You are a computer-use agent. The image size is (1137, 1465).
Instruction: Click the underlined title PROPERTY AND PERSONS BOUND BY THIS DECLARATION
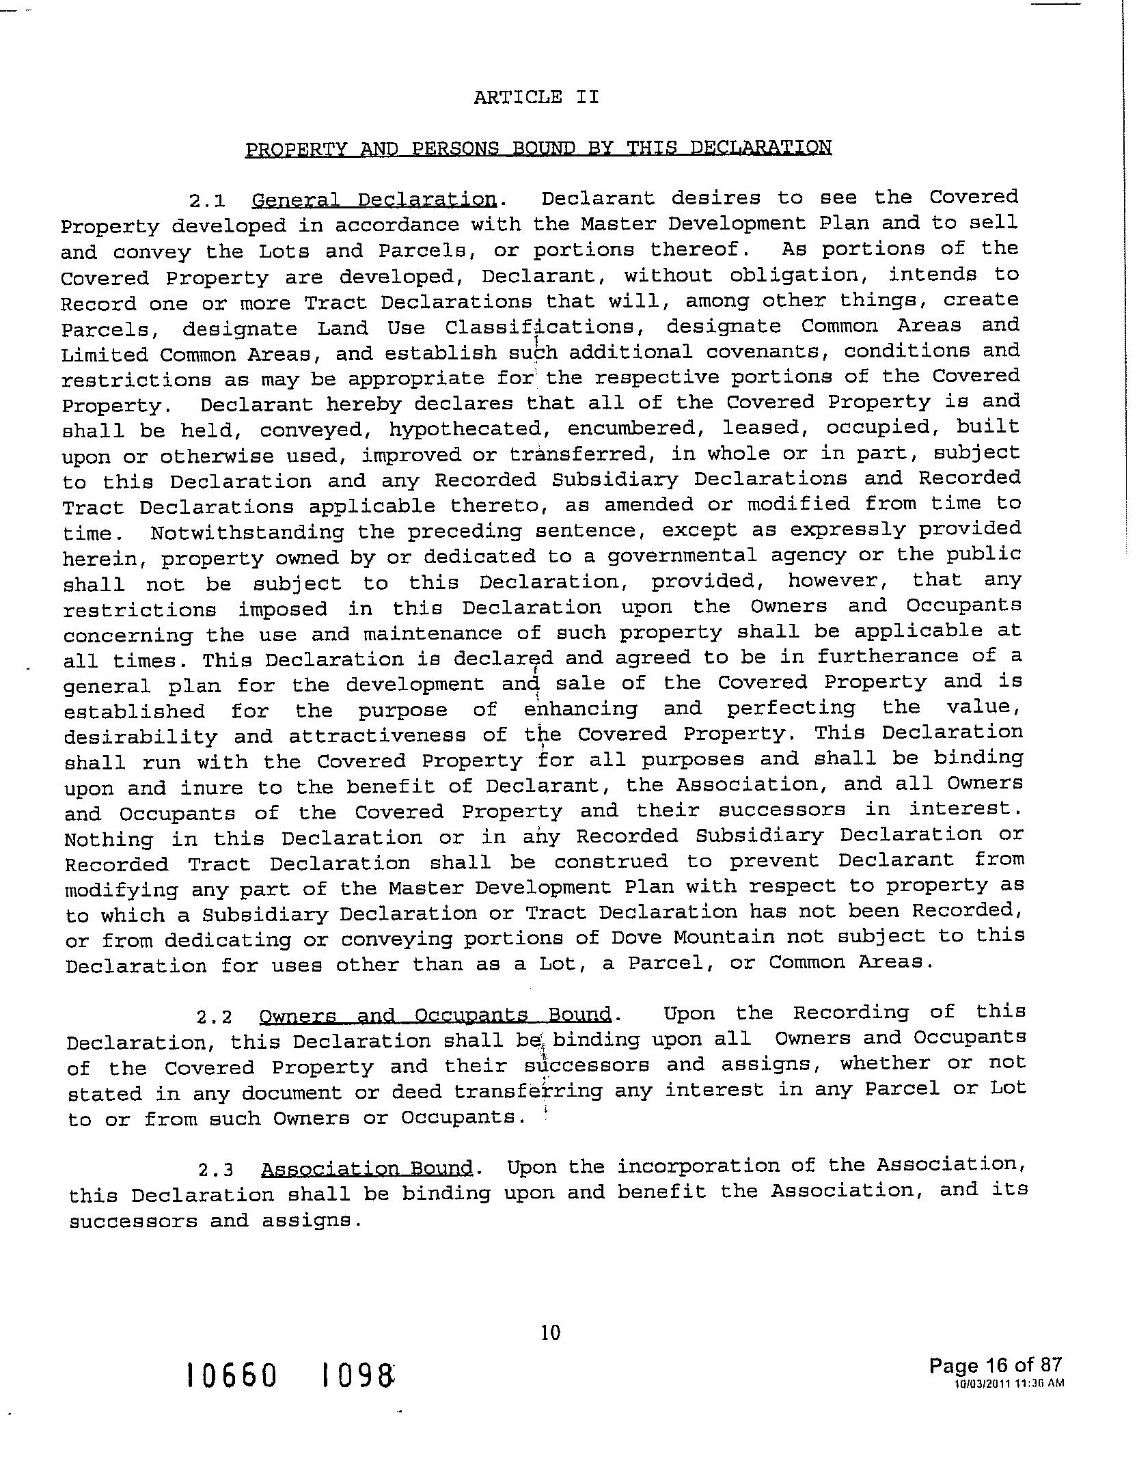pyautogui.click(x=538, y=148)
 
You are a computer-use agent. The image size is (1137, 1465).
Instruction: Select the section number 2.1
pyautogui.click(x=206, y=202)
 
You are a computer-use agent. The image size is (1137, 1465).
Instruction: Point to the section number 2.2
pyautogui.click(x=214, y=1017)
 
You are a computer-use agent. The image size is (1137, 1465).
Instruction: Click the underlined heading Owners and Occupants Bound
pyautogui.click(x=435, y=1015)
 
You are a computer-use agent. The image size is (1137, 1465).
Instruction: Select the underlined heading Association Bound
pyautogui.click(x=367, y=1168)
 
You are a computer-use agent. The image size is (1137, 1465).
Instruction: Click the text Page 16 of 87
pyautogui.click(x=995, y=1365)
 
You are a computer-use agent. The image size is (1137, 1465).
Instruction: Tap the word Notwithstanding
pyautogui.click(x=247, y=532)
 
